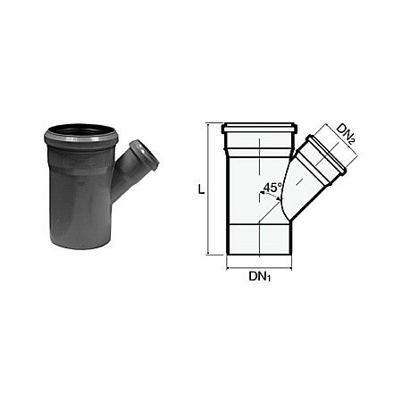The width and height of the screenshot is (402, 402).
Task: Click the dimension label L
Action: tap(203, 190)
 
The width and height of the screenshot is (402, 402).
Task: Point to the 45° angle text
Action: tap(272, 188)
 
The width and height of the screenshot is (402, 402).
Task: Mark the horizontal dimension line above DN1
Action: tap(260, 266)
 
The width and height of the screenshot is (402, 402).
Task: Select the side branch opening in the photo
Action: tap(144, 154)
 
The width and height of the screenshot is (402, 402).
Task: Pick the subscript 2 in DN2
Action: tap(356, 138)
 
